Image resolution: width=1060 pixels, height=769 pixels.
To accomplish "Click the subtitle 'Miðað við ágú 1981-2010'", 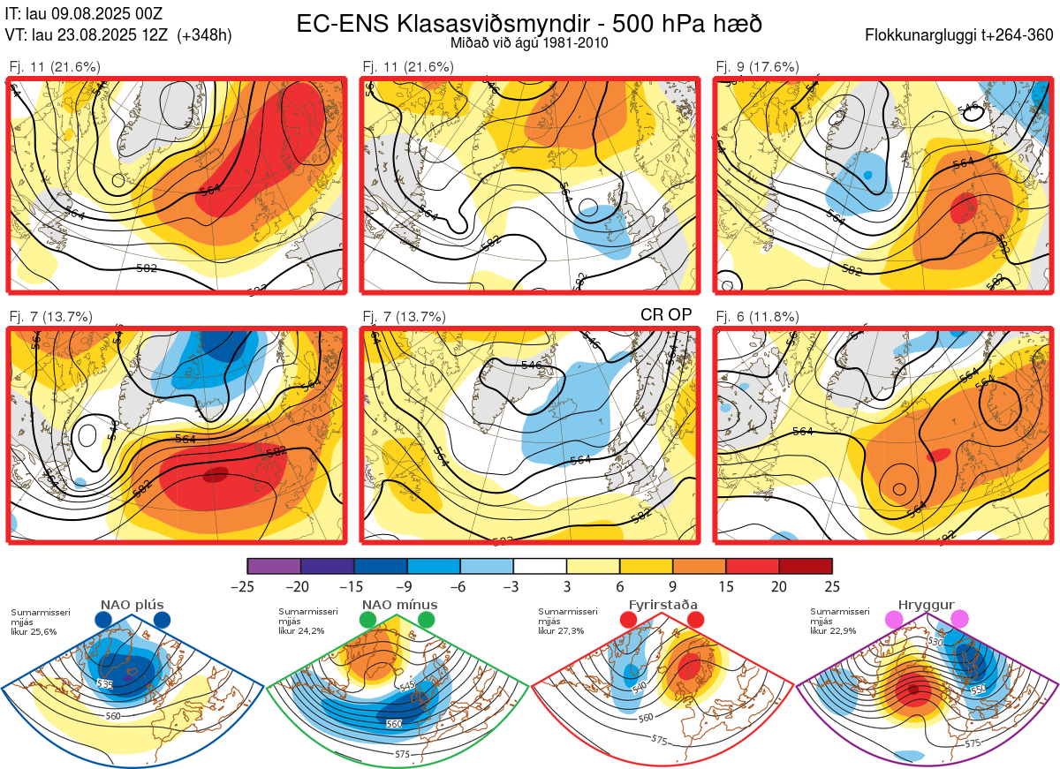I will pyautogui.click(x=528, y=42).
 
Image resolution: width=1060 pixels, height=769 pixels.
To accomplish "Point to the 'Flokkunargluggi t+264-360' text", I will pyautogui.click(x=962, y=35).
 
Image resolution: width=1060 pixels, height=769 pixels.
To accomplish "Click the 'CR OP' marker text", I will pyautogui.click(x=665, y=314).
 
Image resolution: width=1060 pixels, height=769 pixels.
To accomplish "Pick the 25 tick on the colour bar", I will pyautogui.click(x=832, y=586).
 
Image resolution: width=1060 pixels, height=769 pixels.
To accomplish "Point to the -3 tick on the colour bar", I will pyautogui.click(x=513, y=586).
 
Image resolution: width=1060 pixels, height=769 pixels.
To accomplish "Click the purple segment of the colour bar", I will pyautogui.click(x=274, y=566).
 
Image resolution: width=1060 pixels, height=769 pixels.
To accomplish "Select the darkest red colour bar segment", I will pyautogui.click(x=806, y=566).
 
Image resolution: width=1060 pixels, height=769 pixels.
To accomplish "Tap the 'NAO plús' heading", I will pyautogui.click(x=132, y=605).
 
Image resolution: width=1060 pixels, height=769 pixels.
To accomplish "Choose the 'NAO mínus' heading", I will pyautogui.click(x=399, y=605).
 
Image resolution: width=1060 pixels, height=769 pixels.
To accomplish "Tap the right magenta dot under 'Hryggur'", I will pyautogui.click(x=959, y=620).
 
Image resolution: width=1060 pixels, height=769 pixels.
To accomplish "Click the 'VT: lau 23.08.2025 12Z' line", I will pyautogui.click(x=118, y=35).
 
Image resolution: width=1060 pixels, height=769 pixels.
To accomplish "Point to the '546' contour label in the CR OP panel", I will pyautogui.click(x=533, y=365).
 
